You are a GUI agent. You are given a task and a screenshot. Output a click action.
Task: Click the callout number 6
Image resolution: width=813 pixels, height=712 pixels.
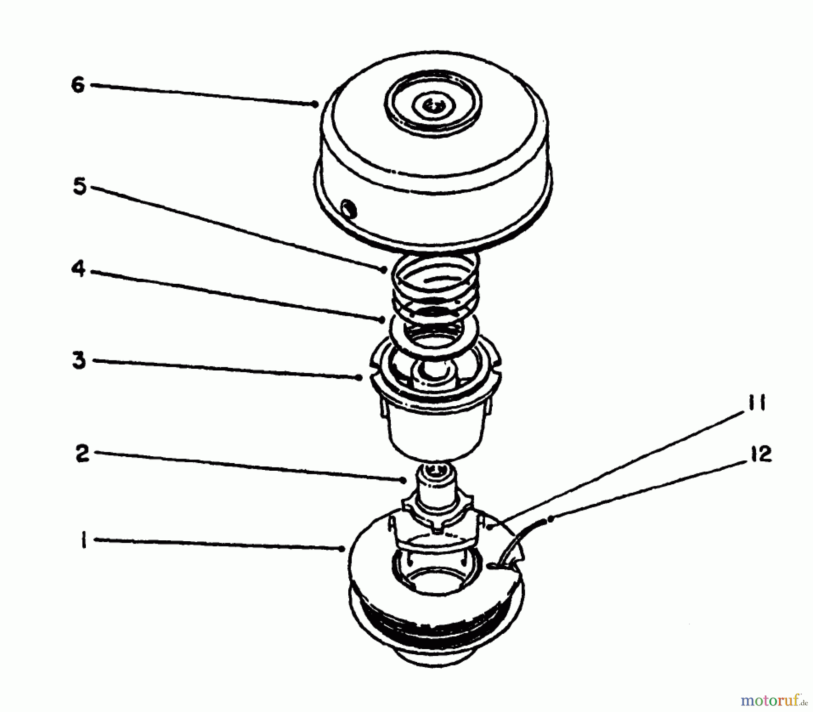click(78, 84)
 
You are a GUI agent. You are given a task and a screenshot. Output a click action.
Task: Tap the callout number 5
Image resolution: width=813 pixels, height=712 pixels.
click(79, 186)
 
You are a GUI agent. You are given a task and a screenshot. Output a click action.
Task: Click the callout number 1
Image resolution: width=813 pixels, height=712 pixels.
click(83, 540)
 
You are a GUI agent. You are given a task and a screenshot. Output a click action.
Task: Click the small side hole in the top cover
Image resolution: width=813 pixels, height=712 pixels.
click(349, 209)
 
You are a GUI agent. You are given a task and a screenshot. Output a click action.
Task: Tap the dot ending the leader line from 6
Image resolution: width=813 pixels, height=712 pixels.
click(315, 104)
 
